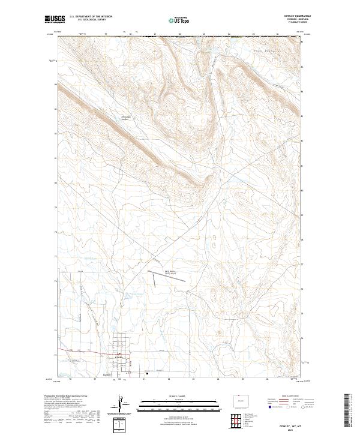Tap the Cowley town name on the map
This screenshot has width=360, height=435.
pos(119,357)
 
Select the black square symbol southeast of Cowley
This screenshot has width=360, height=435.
pos(147,371)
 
